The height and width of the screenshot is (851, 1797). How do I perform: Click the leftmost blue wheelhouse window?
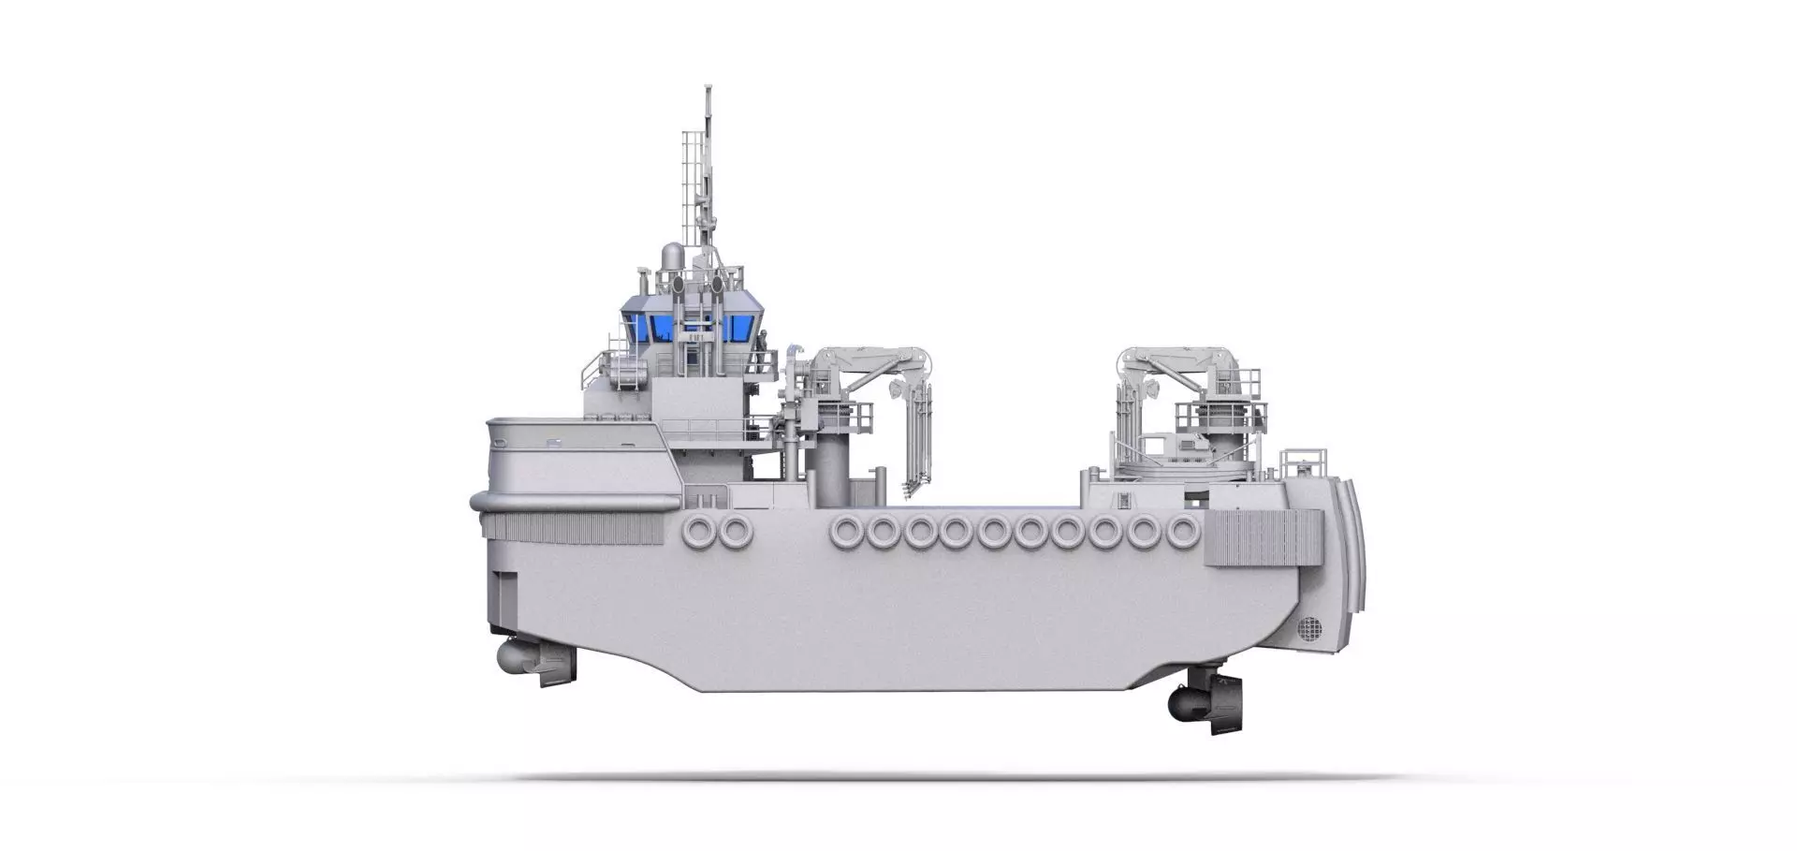point(640,328)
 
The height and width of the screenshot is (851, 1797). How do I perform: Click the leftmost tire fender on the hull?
point(699,531)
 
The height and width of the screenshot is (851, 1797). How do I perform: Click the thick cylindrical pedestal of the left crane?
point(827,459)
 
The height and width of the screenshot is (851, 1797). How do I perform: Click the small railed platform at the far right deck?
point(1304,462)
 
